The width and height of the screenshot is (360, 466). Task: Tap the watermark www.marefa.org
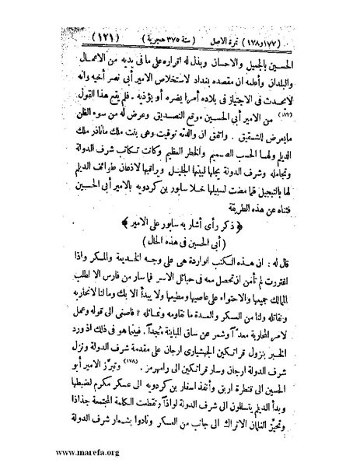(x=58, y=450)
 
